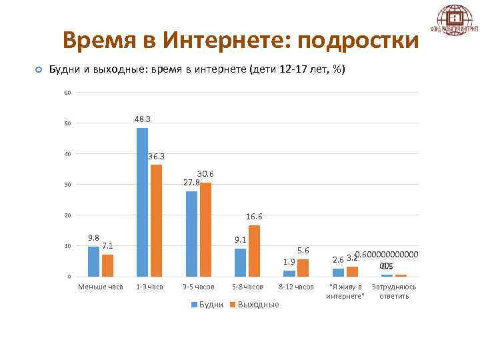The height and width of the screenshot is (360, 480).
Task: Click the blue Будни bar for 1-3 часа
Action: pos(142,202)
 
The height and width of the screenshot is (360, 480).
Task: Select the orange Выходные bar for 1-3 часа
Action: pos(156,220)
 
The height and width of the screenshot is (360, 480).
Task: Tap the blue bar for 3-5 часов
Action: pos(191,233)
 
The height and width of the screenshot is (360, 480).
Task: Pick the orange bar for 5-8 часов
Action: pos(254,251)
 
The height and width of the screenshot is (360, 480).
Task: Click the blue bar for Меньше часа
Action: pos(93,261)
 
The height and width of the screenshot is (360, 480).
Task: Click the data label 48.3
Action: pos(142,119)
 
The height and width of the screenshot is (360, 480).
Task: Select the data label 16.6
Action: pos(254,217)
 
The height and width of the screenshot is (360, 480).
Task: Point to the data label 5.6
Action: pos(303,250)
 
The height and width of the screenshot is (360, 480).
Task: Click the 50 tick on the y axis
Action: pos(68,123)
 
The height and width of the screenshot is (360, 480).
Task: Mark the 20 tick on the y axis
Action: pos(68,215)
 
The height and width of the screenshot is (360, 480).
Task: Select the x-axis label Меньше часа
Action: pos(101,287)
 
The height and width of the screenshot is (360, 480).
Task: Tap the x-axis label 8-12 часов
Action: pos(295,287)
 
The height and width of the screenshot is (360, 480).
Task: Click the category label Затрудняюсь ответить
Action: pos(394,291)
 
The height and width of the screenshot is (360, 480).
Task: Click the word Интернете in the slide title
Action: pos(228,41)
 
